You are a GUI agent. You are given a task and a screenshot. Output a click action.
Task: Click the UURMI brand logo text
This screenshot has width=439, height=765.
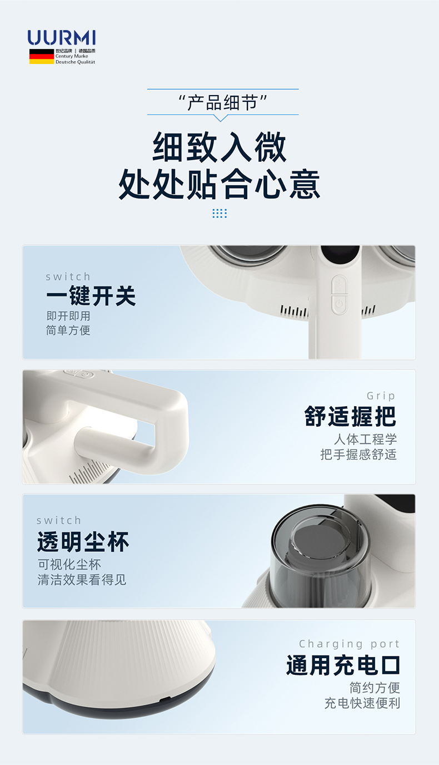coord(61,38)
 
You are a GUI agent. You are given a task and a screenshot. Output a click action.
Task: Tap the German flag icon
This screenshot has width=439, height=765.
coord(42,56)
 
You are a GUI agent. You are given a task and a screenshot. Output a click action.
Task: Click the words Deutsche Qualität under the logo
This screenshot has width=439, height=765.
coord(75,62)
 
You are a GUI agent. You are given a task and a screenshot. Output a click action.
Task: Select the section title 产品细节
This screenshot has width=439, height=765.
coord(223,102)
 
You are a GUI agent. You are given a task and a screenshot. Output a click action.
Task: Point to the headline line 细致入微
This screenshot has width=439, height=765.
coord(219,147)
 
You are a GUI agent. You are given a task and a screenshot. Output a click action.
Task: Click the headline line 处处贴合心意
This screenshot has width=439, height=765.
coord(219,184)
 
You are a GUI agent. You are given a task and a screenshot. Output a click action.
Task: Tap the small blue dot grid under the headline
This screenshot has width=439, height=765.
coord(219,214)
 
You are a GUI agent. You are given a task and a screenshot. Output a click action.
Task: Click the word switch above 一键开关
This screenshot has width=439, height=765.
coord(68,277)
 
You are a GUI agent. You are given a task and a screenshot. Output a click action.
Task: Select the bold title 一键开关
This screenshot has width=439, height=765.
coord(91,296)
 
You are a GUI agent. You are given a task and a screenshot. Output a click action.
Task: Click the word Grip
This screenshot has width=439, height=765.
coord(381,396)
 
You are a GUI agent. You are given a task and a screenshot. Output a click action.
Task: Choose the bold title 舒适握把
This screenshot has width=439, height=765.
coord(350,416)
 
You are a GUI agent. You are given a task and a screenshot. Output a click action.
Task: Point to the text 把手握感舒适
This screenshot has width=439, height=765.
coord(358,455)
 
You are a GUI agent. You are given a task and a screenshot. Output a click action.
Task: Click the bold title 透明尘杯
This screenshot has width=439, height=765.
coord(83,542)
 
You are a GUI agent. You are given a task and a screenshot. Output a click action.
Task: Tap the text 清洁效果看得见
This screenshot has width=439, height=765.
coord(82,580)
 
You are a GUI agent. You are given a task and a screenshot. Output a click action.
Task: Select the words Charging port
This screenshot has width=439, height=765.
coord(350,644)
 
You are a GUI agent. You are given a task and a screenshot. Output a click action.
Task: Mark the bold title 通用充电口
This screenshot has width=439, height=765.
coord(343,665)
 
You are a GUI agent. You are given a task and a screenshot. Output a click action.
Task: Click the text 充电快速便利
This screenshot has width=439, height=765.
coord(362,703)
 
